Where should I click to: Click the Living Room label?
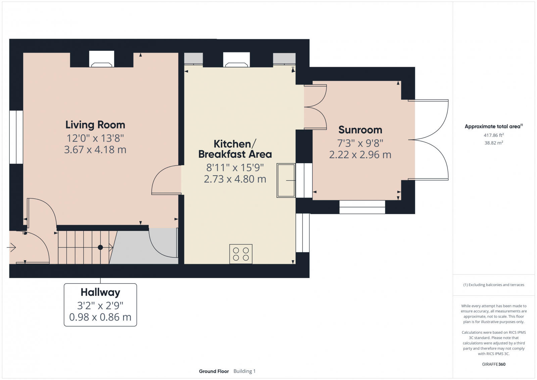[x=95, y=125]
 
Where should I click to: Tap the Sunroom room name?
[x=360, y=130]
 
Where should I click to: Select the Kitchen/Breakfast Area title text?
[x=235, y=149]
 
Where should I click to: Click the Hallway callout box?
[x=100, y=304]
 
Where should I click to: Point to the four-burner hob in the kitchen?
[x=241, y=254]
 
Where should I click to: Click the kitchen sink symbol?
[x=286, y=180]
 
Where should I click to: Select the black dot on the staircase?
[x=100, y=247]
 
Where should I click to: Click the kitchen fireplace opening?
[x=236, y=59]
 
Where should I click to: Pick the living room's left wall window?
[x=16, y=137]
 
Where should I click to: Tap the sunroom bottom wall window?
[x=362, y=207]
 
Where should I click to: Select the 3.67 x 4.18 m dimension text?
[x=95, y=150]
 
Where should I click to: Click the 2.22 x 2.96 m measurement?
[x=360, y=155]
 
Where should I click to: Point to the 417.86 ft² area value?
[x=493, y=135]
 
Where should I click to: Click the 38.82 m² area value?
[x=493, y=143]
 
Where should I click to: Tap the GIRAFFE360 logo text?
[x=493, y=364]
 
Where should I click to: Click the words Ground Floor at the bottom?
[x=214, y=371]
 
